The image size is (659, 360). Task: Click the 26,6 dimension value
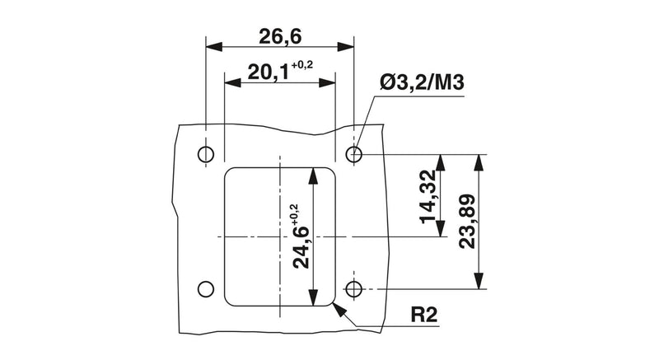click(280, 36)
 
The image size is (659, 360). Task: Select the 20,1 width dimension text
click(269, 72)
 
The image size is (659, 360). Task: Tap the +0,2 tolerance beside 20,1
click(301, 65)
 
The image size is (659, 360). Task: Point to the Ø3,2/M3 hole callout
click(422, 82)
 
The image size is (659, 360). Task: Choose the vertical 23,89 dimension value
click(467, 222)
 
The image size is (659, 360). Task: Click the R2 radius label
click(423, 315)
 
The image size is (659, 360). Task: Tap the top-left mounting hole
click(205, 154)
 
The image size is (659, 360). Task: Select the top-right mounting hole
click(354, 154)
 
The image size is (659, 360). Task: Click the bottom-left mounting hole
click(205, 289)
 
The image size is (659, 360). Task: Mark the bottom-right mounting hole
click(354, 289)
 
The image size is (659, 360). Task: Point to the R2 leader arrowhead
click(339, 310)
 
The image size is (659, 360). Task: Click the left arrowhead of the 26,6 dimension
click(214, 47)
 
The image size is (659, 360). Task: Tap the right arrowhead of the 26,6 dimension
click(345, 47)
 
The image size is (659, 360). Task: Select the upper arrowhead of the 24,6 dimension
click(312, 176)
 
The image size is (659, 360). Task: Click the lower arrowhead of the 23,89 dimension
click(479, 281)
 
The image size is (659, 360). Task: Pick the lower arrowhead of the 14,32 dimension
click(441, 229)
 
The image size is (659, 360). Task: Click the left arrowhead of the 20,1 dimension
click(233, 82)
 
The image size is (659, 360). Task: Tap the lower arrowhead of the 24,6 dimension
click(312, 297)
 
